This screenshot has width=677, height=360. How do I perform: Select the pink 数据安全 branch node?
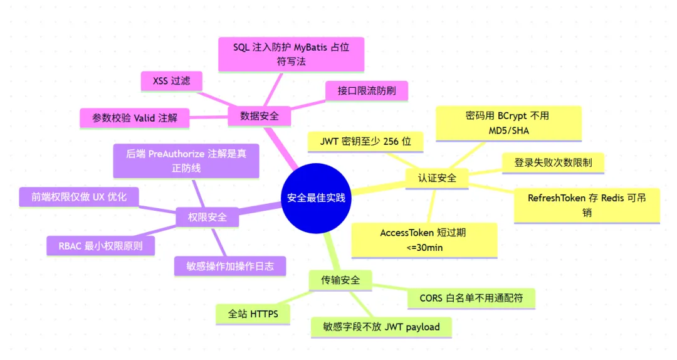pos(260,116)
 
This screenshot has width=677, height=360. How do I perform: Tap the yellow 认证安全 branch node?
pos(437,177)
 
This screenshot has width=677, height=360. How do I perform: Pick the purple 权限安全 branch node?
pos(207,218)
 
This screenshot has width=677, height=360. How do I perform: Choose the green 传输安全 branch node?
pos(340,280)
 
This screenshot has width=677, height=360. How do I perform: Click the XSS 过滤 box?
pos(171,80)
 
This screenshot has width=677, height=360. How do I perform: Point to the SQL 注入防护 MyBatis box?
pos(291,54)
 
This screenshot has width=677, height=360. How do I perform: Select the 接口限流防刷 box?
pos(367,90)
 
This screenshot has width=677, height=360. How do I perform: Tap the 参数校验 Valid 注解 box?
pos(135,117)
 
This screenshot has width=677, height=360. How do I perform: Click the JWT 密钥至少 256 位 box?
pos(365,142)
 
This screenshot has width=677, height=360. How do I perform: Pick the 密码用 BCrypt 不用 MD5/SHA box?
pos(508,123)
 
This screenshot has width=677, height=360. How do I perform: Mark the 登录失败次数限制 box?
pos(554,162)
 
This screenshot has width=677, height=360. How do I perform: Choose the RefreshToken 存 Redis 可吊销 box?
pos(587,205)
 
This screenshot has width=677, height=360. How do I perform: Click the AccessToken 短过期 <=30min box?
pos(423,240)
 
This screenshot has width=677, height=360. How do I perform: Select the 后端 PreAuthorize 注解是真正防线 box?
pos(186,161)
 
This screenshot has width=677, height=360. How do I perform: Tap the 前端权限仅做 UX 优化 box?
pos(79,197)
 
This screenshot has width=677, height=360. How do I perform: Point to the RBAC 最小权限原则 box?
pos(101,245)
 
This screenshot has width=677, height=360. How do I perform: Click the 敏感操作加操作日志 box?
pos(230,265)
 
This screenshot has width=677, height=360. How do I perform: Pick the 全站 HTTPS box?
pos(253,314)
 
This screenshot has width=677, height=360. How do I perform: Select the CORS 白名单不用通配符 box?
pos(471,298)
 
